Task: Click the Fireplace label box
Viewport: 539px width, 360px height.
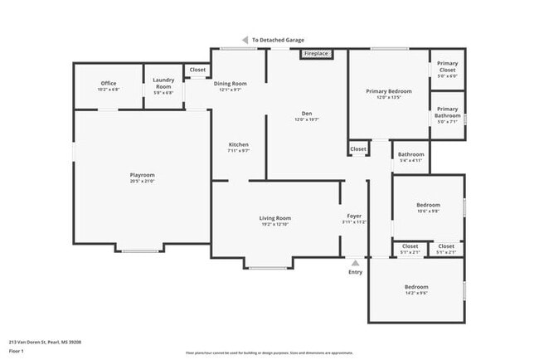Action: pos(316,54)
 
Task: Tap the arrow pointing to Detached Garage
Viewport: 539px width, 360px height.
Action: pos(245,40)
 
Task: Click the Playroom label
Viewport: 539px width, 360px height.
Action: pos(142,175)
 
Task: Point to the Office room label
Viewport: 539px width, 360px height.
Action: pos(109,83)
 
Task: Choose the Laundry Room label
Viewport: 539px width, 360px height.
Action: pos(163,84)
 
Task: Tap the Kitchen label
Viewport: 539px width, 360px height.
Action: pos(239,145)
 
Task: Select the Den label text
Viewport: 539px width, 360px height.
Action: pos(307,114)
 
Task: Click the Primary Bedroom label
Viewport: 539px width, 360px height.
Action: pos(389,90)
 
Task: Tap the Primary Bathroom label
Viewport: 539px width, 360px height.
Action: pos(447,111)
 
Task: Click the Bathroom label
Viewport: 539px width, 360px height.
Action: pos(411,154)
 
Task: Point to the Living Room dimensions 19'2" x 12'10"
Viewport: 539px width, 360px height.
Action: pos(275,225)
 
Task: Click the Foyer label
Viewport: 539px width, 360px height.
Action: pos(354,216)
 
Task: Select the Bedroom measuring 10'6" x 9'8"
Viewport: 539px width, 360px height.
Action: pos(428,204)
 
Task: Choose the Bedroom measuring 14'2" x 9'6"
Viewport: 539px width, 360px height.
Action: pos(416,287)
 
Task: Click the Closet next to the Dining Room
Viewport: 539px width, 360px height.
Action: pos(197,71)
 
